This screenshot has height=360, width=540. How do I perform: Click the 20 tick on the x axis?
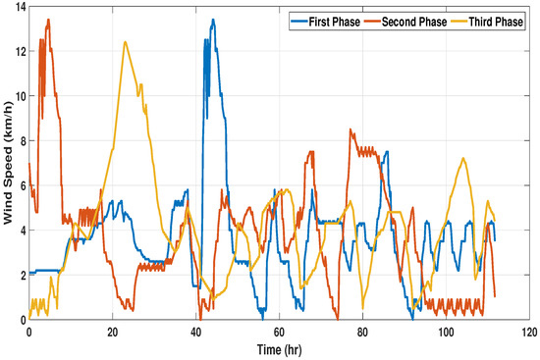coord(112,332)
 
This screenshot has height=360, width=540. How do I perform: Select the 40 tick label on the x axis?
coord(195,332)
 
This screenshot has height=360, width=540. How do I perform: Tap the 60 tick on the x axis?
coord(279,332)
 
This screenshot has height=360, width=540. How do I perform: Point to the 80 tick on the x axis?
coord(362,332)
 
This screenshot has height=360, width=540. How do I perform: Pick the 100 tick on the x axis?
coord(446,332)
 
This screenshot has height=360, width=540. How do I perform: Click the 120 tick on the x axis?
coord(528,332)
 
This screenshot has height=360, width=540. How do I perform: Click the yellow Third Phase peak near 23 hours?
coord(125,41)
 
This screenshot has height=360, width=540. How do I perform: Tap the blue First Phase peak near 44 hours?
coord(212,20)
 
